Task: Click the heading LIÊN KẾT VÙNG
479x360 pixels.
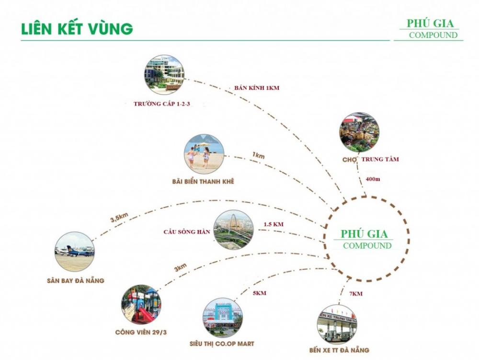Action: (x=77, y=28)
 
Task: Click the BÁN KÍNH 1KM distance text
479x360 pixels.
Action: (x=257, y=88)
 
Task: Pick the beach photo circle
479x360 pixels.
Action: (x=204, y=154)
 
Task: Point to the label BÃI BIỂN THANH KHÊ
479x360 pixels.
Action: (x=204, y=181)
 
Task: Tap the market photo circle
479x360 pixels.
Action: (x=359, y=132)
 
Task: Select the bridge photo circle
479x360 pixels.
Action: (x=234, y=230)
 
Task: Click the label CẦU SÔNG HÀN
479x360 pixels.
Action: (x=186, y=232)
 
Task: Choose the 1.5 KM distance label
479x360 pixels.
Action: (x=274, y=224)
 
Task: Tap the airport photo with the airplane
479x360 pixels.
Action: (x=75, y=252)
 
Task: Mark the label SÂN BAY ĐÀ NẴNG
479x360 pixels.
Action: (x=75, y=280)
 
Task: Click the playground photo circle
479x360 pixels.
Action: (x=141, y=304)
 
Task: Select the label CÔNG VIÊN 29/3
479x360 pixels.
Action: (x=141, y=332)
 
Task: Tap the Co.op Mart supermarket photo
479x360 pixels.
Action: (x=223, y=317)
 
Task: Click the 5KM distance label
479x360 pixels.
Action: (x=259, y=293)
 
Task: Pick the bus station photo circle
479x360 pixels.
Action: (x=337, y=324)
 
